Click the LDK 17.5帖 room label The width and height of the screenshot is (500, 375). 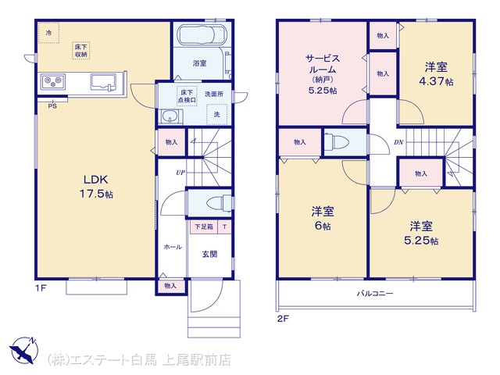tap(96, 187)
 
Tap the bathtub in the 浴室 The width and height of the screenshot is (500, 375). tap(202, 34)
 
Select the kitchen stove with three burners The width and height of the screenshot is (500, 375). tap(53, 82)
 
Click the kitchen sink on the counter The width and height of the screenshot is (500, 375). tap(103, 82)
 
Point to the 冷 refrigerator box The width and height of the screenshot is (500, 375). tap(48, 33)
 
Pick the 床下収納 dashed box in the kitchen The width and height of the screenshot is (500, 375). tap(80, 50)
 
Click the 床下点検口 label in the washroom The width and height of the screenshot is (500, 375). tap(187, 96)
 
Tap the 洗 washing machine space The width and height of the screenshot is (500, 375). tap(217, 115)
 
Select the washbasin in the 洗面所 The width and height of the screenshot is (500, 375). tap(170, 116)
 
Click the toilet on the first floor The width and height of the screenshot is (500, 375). tap(219, 203)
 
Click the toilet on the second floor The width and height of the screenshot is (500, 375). tap(336, 141)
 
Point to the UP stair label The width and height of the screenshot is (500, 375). tap(180, 173)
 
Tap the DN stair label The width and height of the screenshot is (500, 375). tap(398, 142)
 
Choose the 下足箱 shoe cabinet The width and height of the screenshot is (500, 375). tap(204, 227)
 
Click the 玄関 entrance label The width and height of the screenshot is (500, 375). tap(209, 254)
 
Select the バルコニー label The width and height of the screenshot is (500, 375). tap(375, 293)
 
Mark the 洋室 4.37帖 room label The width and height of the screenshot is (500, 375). tap(436, 74)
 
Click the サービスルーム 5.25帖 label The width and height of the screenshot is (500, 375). tap(323, 74)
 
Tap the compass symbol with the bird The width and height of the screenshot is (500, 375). tap(24, 350)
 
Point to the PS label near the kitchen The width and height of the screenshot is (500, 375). tap(52, 106)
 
